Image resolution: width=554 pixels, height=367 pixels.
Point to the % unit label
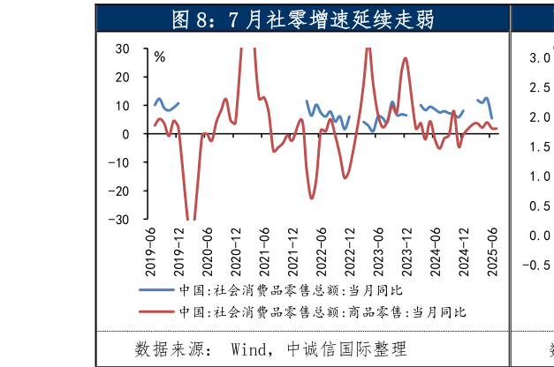tap(160, 56)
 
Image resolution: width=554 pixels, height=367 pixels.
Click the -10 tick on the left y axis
tap(121, 162)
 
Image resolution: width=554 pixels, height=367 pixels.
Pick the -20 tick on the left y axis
tap(121, 191)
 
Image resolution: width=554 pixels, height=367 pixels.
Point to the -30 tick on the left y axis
tap(121, 219)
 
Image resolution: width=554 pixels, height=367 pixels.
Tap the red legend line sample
tap(156, 311)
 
